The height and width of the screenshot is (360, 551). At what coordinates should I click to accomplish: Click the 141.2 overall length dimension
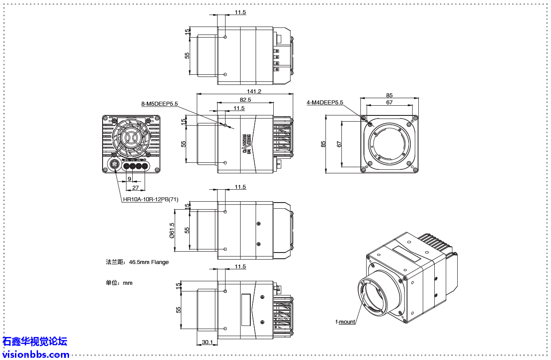(254, 92)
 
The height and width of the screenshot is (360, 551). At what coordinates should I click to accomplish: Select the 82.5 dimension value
(245, 100)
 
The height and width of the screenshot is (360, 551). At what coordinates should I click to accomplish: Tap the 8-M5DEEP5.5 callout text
(159, 104)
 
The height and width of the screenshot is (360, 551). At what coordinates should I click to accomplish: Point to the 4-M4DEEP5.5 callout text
(325, 103)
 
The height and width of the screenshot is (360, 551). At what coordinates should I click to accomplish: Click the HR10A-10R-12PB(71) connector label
(150, 199)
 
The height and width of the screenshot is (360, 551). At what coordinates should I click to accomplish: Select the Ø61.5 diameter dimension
(172, 230)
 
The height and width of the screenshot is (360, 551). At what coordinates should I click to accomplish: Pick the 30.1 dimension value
(207, 342)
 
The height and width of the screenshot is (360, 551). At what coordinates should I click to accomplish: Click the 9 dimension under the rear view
(129, 179)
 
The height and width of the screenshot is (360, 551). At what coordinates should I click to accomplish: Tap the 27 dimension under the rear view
(135, 188)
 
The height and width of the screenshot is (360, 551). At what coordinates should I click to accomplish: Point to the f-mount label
(345, 322)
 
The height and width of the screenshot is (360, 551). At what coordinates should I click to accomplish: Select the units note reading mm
(119, 283)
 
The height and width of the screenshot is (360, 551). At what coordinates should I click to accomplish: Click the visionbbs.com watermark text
(36, 354)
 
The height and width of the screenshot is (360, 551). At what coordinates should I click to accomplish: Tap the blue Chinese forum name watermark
(35, 341)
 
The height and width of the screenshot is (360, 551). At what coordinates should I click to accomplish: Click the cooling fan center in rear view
(131, 137)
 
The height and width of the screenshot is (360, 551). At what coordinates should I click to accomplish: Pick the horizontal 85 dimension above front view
(389, 95)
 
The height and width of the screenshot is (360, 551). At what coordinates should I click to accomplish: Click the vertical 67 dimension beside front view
(339, 144)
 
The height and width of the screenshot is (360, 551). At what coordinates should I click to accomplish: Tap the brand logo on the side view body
(247, 144)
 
